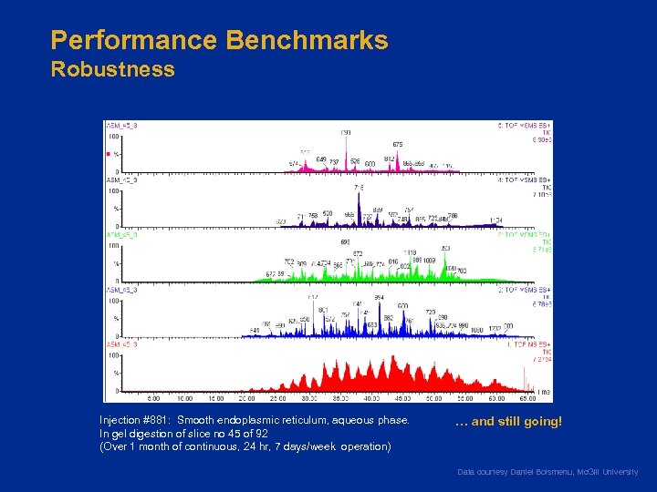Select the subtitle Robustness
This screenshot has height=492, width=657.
tap(112, 70)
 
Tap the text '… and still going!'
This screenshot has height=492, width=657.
tap(508, 422)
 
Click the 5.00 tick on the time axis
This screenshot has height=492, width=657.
tap(153, 398)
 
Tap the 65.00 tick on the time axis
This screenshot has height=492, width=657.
tap(527, 398)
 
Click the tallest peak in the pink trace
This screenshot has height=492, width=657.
tap(346, 139)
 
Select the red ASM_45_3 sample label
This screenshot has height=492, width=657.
tap(120, 344)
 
